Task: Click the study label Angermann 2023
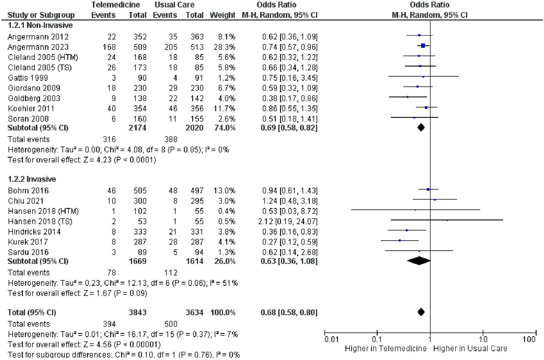point(38,47)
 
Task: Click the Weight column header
point(222,15)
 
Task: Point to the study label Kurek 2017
point(28,242)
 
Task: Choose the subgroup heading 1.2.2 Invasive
point(32,179)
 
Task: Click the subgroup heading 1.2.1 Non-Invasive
point(40,25)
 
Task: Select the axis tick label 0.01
point(331,339)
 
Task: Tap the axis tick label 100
point(529,339)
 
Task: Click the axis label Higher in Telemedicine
point(386,349)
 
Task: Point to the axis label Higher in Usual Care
point(470,349)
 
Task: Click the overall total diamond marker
point(421,312)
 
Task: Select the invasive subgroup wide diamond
point(419,261)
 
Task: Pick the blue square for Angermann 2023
point(423,46)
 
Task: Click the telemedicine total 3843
point(138,313)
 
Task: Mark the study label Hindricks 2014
point(34,232)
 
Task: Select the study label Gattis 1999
point(28,78)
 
